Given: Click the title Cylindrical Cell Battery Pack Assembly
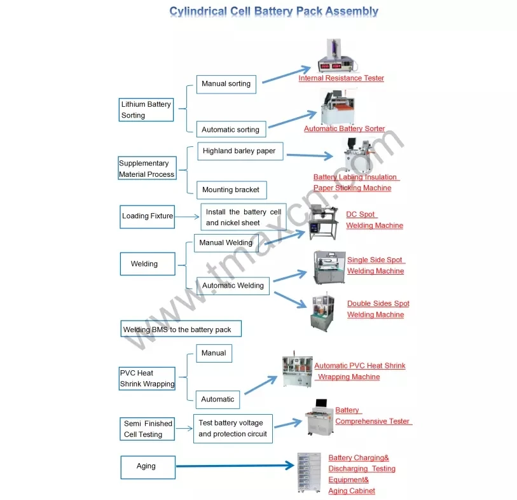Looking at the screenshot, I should coord(273,11).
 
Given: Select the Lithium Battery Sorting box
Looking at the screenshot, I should coord(147,109).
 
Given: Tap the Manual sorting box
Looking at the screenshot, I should coord(226,84).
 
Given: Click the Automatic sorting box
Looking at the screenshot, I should coord(230,130).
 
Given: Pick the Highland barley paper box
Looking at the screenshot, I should coord(239,151).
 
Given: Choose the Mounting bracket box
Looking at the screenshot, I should coord(230,190).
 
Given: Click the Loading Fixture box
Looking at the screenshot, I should coord(148,216).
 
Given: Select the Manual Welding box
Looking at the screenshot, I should coord(226,243).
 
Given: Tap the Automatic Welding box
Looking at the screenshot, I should coord(233,286).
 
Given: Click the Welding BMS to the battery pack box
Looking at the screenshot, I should coord(182,330).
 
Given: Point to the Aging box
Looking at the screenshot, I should coord(147,466).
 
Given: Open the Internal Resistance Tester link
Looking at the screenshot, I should coord(341,78).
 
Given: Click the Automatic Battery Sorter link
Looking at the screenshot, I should coord(344,128).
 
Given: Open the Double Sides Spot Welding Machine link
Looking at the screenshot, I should coord(378,309).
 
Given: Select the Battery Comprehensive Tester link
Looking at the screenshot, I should coord(373,416).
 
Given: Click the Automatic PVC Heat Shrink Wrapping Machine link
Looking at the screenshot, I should coord(359,371).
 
